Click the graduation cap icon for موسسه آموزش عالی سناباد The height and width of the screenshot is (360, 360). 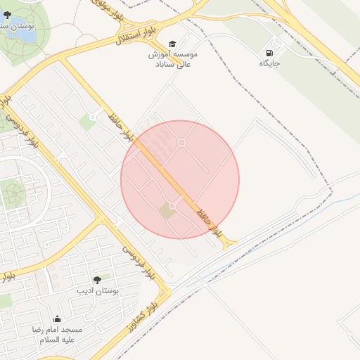[x=173, y=43]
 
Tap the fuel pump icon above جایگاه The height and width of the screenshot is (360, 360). [x=269, y=53]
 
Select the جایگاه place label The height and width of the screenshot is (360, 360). [x=269, y=63]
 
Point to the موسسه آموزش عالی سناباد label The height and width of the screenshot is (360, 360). [x=172, y=59]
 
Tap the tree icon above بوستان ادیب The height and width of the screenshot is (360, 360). [x=97, y=280]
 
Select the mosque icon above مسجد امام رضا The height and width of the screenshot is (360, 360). [x=57, y=319]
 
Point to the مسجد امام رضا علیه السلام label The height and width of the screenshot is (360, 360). [x=56, y=334]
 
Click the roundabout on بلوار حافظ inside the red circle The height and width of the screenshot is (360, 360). [x=172, y=205]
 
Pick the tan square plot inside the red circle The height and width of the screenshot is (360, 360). [x=166, y=211]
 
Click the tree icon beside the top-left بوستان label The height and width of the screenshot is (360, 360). [x=7, y=15]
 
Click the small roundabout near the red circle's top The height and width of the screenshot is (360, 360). [x=181, y=143]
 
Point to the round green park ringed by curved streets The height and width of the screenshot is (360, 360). [x=13, y=191]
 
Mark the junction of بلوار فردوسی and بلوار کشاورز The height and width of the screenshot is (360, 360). [x=166, y=290]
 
